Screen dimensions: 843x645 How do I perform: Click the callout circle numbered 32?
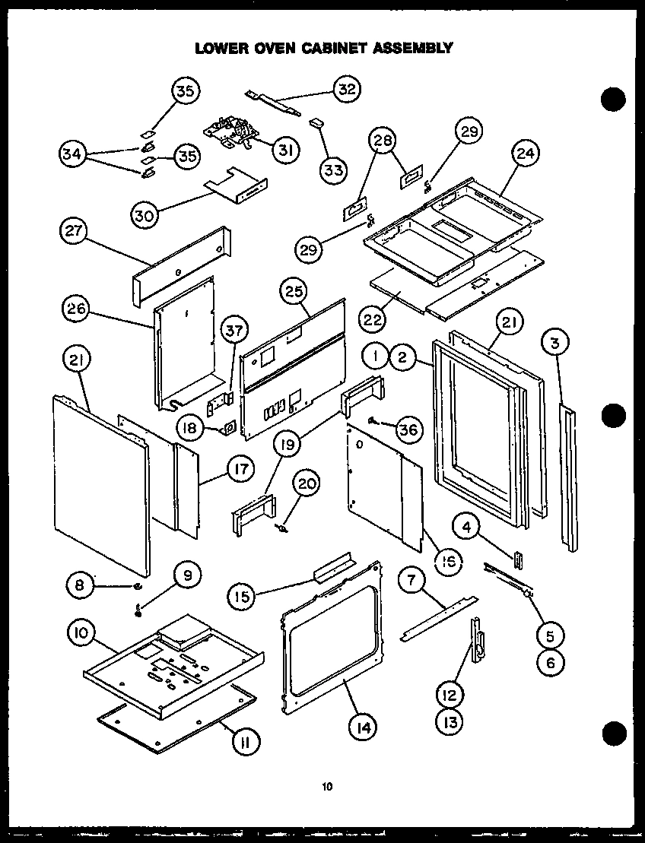(x=347, y=89)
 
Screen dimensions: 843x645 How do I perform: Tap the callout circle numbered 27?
(x=76, y=233)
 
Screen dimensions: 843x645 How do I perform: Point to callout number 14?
(x=363, y=727)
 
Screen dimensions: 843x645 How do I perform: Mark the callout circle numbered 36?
(x=408, y=429)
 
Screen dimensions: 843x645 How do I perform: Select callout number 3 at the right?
(x=556, y=344)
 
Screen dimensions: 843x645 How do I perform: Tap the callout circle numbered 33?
(x=333, y=169)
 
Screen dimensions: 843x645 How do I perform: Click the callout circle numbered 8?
(x=79, y=585)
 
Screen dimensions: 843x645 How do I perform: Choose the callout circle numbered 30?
(x=145, y=215)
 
